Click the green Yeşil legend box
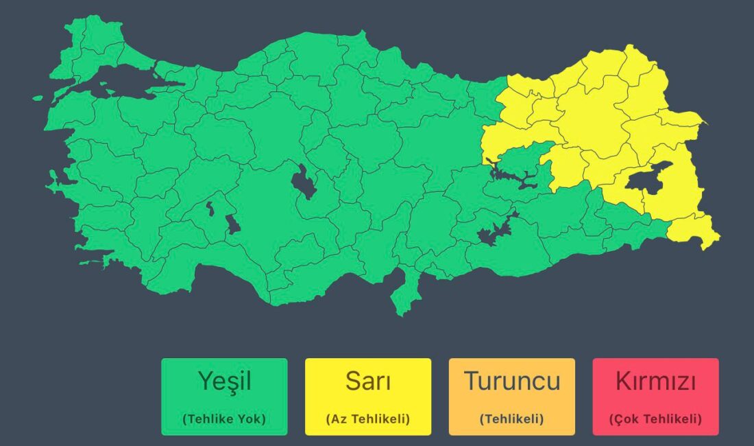pyautogui.click(x=224, y=396)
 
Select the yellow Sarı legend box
pyautogui.click(x=368, y=396)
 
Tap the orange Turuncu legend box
pyautogui.click(x=511, y=396)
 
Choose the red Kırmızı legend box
pyautogui.click(x=655, y=396)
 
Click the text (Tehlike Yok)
pyautogui.click(x=224, y=419)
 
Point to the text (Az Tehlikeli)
pyautogui.click(x=368, y=419)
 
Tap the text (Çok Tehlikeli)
pyautogui.click(x=655, y=419)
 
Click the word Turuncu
pyautogui.click(x=511, y=381)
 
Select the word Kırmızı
pyautogui.click(x=655, y=381)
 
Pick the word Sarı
pyautogui.click(x=368, y=381)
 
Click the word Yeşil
pyautogui.click(x=224, y=381)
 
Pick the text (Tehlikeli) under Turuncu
pyautogui.click(x=511, y=419)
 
